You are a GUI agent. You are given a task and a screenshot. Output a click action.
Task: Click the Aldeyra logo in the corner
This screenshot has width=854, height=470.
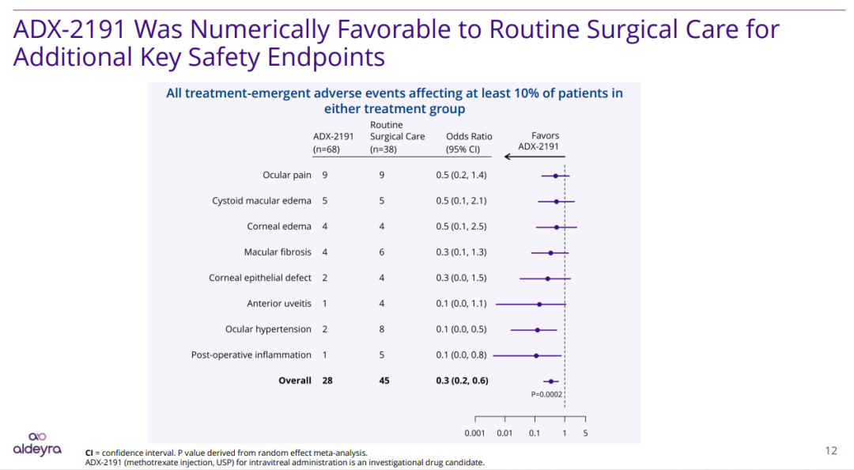37,444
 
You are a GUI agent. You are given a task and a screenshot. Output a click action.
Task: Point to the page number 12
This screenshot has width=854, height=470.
830,450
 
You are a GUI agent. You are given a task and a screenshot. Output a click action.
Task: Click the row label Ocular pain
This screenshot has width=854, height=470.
287,175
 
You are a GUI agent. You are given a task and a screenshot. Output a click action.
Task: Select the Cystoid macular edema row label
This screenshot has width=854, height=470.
262,201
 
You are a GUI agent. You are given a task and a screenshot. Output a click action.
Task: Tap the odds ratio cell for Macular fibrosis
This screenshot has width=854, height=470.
461,252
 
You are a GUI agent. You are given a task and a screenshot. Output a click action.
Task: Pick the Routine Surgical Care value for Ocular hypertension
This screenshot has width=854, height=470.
382,329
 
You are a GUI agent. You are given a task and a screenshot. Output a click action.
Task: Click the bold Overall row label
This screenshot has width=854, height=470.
294,381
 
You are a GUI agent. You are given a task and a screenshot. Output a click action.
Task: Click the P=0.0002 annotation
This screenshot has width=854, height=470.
546,393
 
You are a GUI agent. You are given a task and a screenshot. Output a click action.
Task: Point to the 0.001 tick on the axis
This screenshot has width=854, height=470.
475,433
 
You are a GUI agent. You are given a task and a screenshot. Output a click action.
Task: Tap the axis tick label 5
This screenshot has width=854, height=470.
585,433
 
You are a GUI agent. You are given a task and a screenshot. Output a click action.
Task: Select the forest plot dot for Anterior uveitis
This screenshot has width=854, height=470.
539,304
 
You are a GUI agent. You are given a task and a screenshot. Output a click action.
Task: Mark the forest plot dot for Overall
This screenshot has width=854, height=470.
550,381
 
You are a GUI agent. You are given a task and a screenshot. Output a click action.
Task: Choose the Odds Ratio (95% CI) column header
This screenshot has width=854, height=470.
469,142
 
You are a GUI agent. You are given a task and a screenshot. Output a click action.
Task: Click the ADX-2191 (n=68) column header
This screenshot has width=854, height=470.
333,142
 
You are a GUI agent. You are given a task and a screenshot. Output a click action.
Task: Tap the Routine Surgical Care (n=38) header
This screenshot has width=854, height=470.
397,137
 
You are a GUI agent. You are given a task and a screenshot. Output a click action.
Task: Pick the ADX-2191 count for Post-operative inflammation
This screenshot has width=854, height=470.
325,355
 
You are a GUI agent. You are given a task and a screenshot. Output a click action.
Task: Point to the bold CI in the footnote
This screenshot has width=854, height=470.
89,453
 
